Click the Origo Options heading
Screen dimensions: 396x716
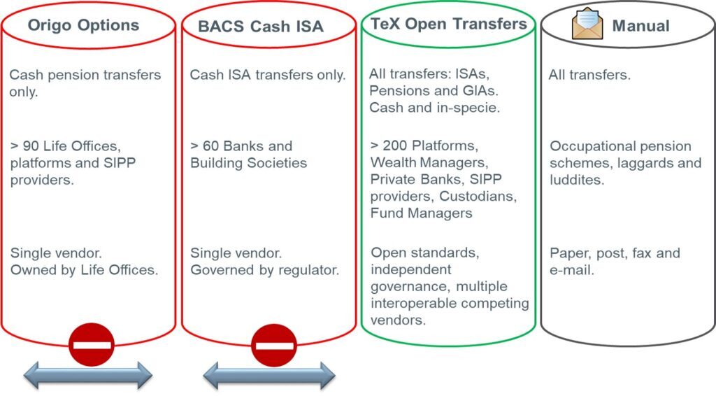pyautogui.click(x=83, y=25)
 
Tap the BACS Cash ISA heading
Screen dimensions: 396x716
pyautogui.click(x=260, y=27)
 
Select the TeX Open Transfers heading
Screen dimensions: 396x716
pyautogui.click(x=448, y=24)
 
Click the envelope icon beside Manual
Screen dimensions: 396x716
pyautogui.click(x=587, y=24)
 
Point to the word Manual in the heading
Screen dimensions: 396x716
pyautogui.click(x=640, y=27)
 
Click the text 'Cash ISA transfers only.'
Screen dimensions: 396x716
pyautogui.click(x=268, y=75)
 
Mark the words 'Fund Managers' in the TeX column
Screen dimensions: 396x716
pyautogui.click(x=421, y=213)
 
